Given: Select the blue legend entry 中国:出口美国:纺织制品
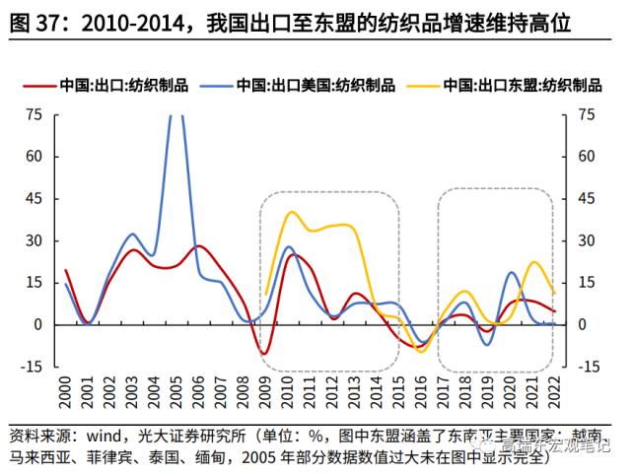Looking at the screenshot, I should [x=315, y=85].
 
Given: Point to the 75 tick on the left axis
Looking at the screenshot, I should [x=34, y=114].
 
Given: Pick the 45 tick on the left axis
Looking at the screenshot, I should [x=34, y=199].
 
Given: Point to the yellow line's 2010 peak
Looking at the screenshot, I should [x=291, y=212].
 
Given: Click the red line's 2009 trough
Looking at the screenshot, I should [x=264, y=353].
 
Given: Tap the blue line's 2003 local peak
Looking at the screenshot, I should [x=132, y=234].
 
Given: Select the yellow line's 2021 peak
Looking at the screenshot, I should [x=534, y=262].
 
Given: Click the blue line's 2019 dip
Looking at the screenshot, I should [x=488, y=344].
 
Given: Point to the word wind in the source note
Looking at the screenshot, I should [x=108, y=434].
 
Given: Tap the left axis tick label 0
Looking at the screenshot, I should [x=37, y=324].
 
